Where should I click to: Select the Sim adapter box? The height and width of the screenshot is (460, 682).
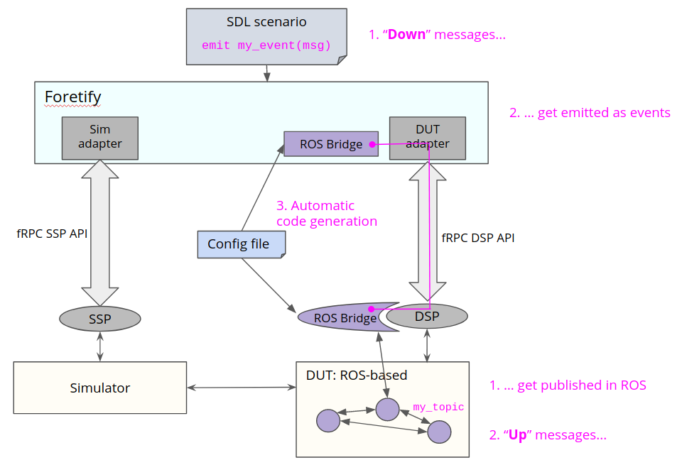(x=100, y=138)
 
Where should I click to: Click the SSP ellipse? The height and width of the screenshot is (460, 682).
(x=100, y=319)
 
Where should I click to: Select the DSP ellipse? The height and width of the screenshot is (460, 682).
(x=428, y=317)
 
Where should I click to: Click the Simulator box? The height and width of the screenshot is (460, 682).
(x=100, y=388)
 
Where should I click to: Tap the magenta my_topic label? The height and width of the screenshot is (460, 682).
(x=438, y=407)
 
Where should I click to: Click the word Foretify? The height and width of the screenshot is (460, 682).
(x=72, y=97)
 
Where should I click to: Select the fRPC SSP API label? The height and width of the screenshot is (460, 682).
(x=52, y=233)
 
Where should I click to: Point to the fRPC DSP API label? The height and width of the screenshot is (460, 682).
(x=478, y=239)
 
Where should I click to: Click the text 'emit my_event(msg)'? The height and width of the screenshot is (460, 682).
(x=266, y=45)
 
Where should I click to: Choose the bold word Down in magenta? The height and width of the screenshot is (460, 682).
(x=406, y=34)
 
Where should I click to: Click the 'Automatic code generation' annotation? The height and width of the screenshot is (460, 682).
(x=326, y=214)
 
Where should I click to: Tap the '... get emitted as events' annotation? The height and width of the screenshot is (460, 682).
(x=590, y=112)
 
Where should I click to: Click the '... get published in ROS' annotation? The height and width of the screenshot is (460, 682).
(x=568, y=385)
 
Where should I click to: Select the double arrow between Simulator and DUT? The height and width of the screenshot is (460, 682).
(x=241, y=388)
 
